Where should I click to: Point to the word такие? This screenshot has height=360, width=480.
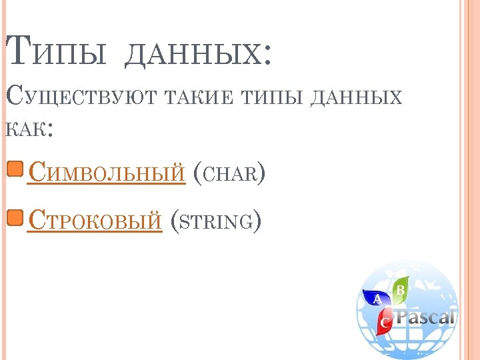(x=205, y=98)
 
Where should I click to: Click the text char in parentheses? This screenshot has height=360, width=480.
(x=229, y=175)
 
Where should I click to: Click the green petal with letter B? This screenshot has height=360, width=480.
(x=400, y=290)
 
